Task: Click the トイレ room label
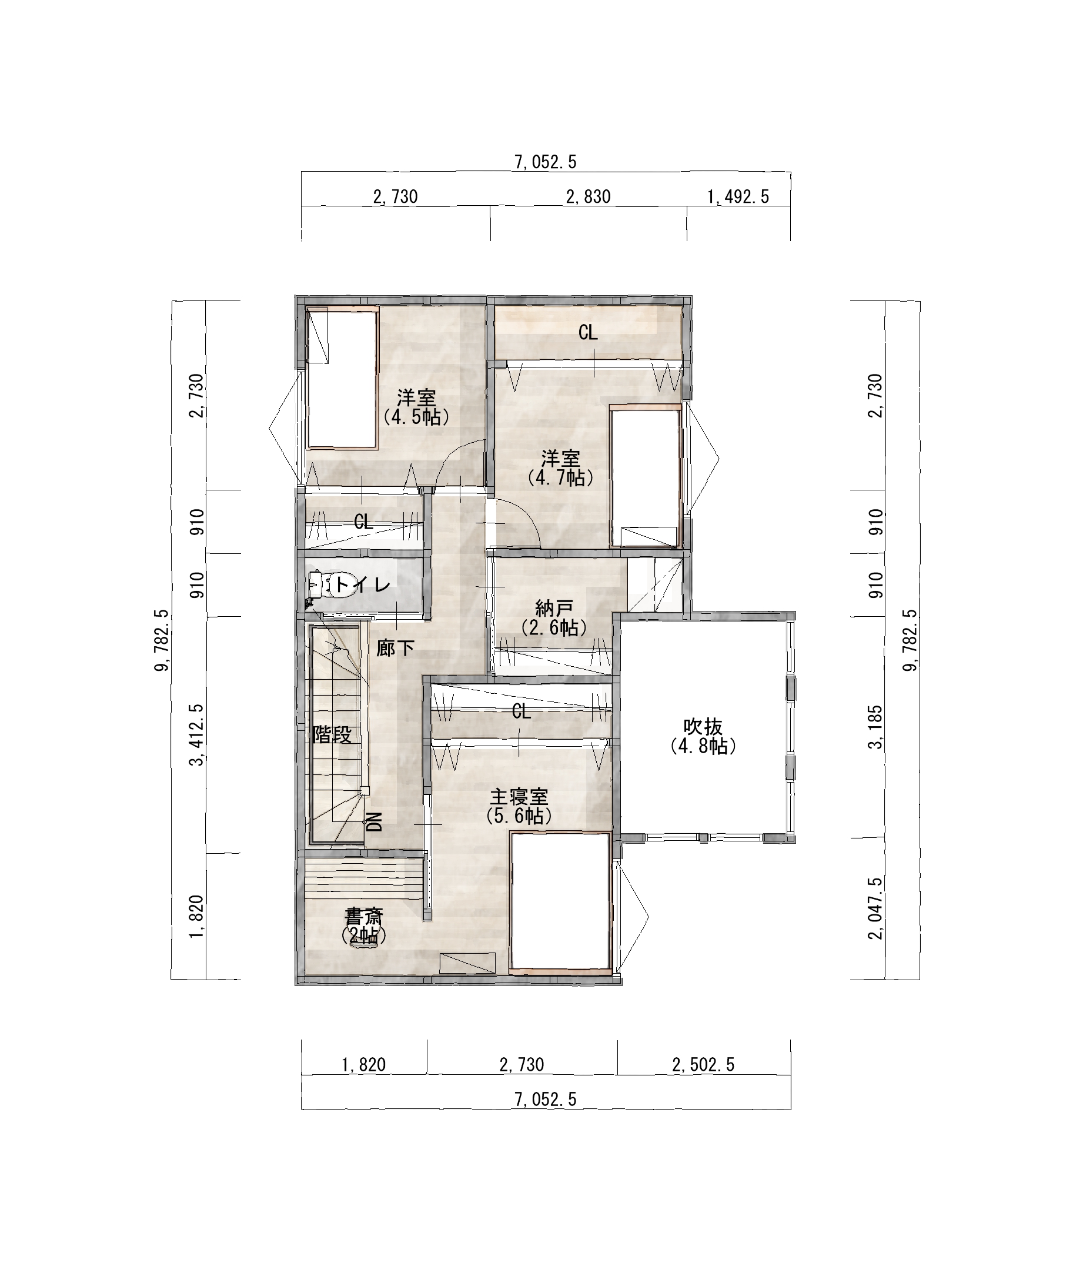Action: pyautogui.click(x=363, y=585)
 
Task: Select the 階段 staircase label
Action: pyautogui.click(x=332, y=735)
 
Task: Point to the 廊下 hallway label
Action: pyautogui.click(x=395, y=649)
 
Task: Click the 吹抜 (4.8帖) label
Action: pyautogui.click(x=703, y=736)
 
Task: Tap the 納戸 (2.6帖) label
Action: pyautogui.click(x=553, y=617)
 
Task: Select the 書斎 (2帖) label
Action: pyautogui.click(x=364, y=925)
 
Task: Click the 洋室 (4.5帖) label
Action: pyautogui.click(x=417, y=407)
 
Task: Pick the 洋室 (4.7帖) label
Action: pyautogui.click(x=560, y=468)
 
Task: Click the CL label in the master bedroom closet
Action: pyautogui.click(x=522, y=711)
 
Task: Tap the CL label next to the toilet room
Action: pyautogui.click(x=363, y=522)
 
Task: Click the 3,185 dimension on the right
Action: pyautogui.click(x=875, y=726)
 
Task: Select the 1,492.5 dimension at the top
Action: pyautogui.click(x=738, y=196)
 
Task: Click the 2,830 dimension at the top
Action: pyautogui.click(x=588, y=196)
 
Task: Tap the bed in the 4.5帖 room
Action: pyautogui.click(x=342, y=378)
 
